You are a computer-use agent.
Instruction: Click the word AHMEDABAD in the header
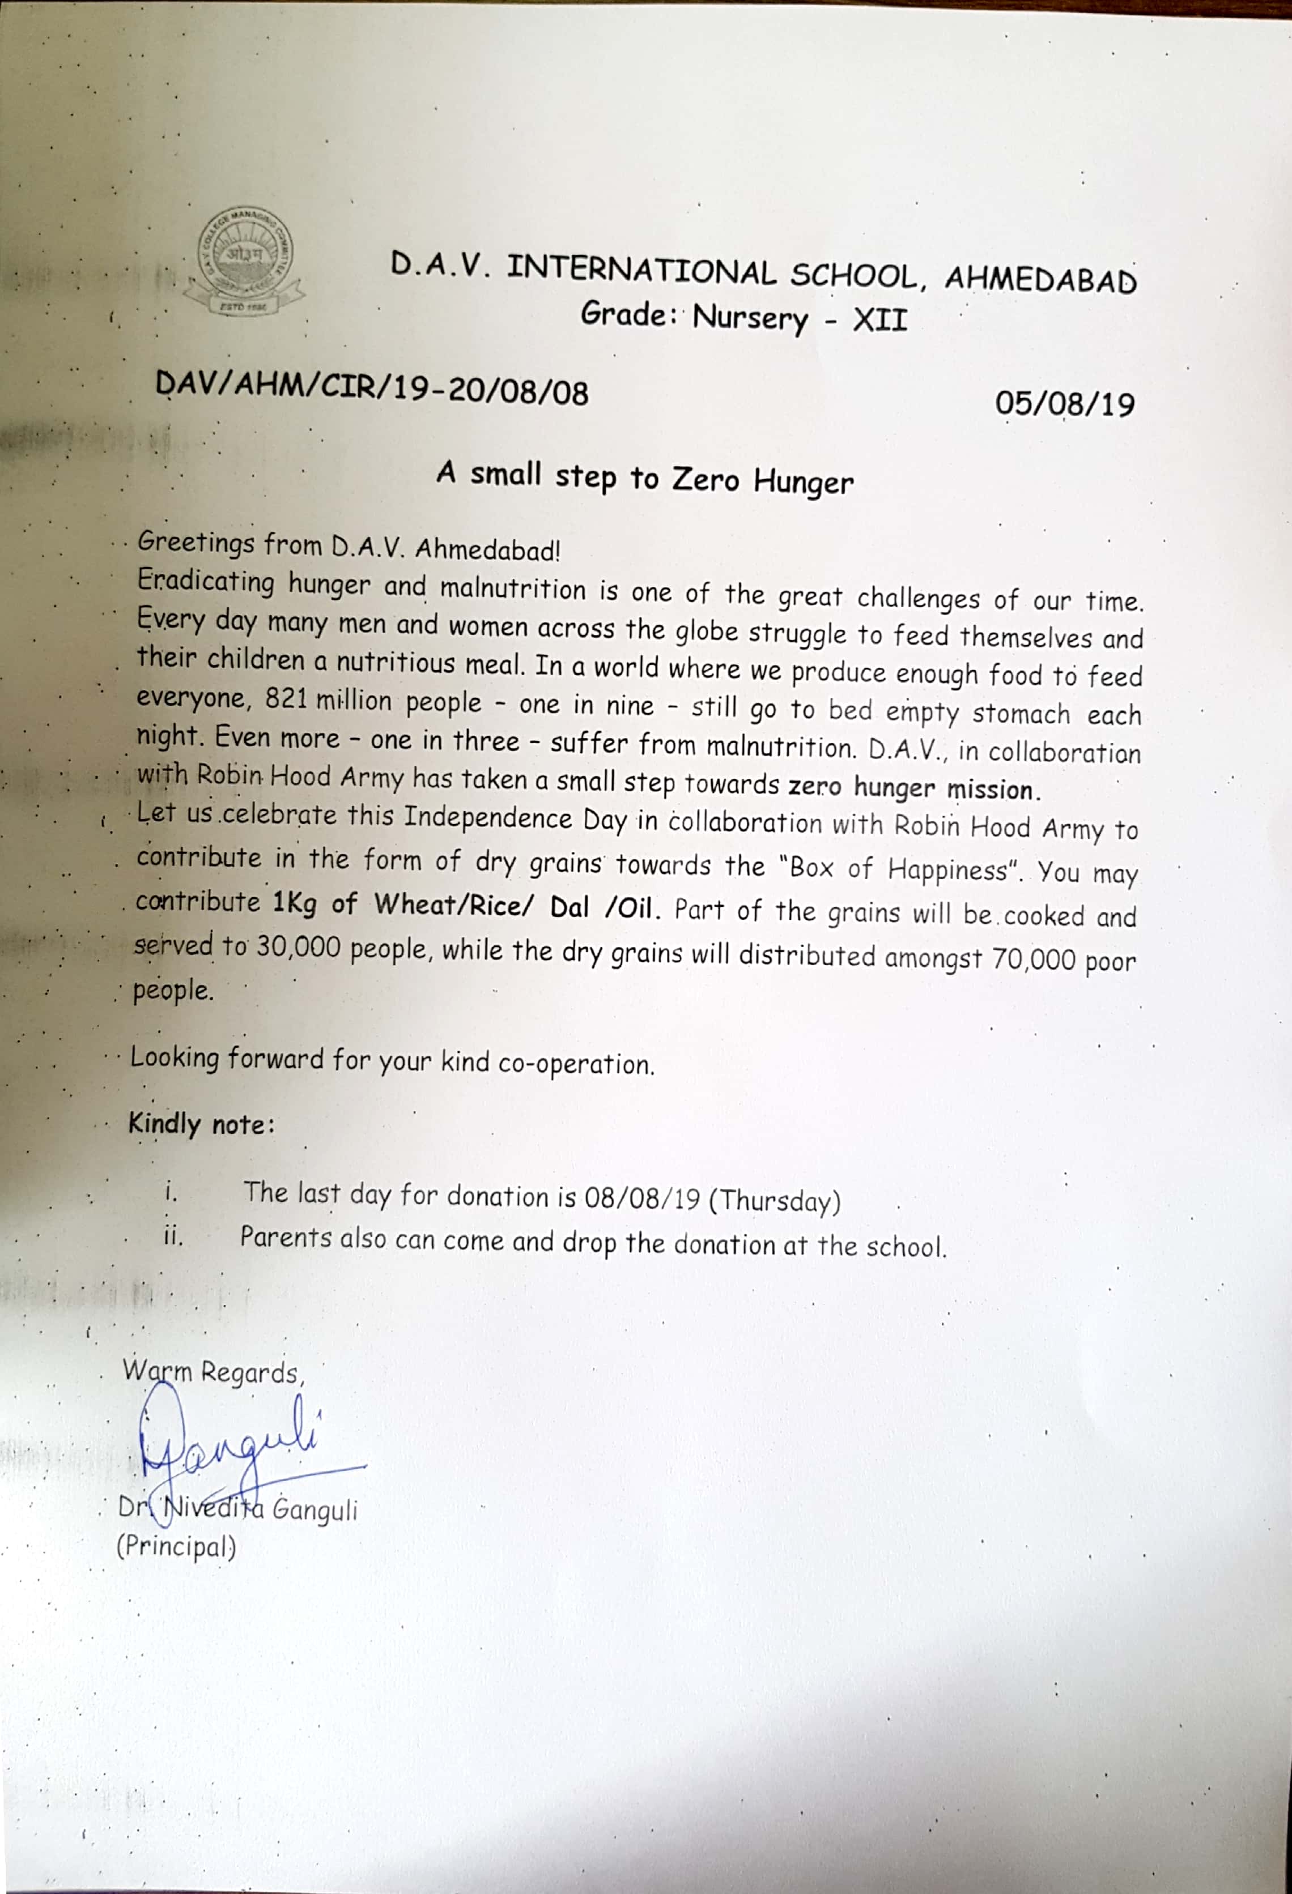1040,280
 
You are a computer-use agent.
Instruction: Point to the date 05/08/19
1065,403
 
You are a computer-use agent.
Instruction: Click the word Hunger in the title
803,481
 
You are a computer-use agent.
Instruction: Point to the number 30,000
298,947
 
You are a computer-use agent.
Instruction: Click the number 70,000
1034,959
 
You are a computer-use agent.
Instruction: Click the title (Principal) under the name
176,1546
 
